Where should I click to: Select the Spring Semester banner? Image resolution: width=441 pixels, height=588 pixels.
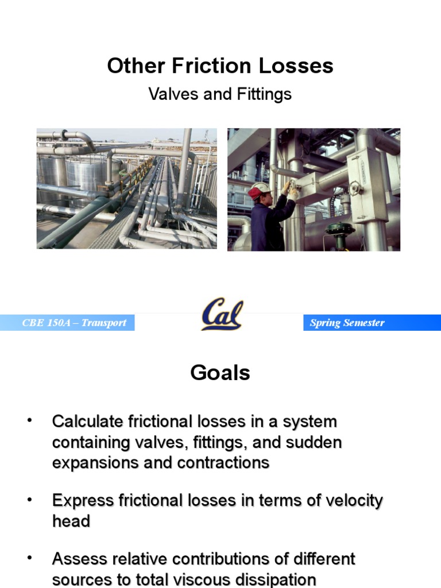[347, 323]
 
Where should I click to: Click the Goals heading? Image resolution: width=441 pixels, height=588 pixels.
[220, 373]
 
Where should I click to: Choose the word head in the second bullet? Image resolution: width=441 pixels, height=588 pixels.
[71, 521]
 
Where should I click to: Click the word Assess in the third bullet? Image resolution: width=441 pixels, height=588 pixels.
[77, 558]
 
